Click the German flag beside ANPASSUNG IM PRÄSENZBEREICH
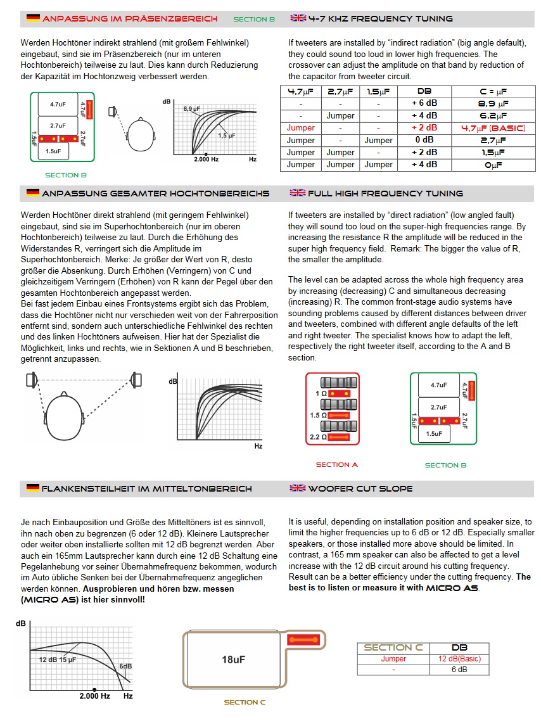click(33, 18)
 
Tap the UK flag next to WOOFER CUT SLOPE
click(298, 488)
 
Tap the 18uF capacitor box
click(233, 659)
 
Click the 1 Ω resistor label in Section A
click(321, 393)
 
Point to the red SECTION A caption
click(337, 464)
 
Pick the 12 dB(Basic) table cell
click(459, 659)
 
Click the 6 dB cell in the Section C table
click(459, 670)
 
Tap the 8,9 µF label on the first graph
click(192, 109)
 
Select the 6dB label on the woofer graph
click(125, 666)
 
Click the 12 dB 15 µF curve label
click(58, 659)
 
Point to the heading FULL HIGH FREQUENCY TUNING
click(385, 193)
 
